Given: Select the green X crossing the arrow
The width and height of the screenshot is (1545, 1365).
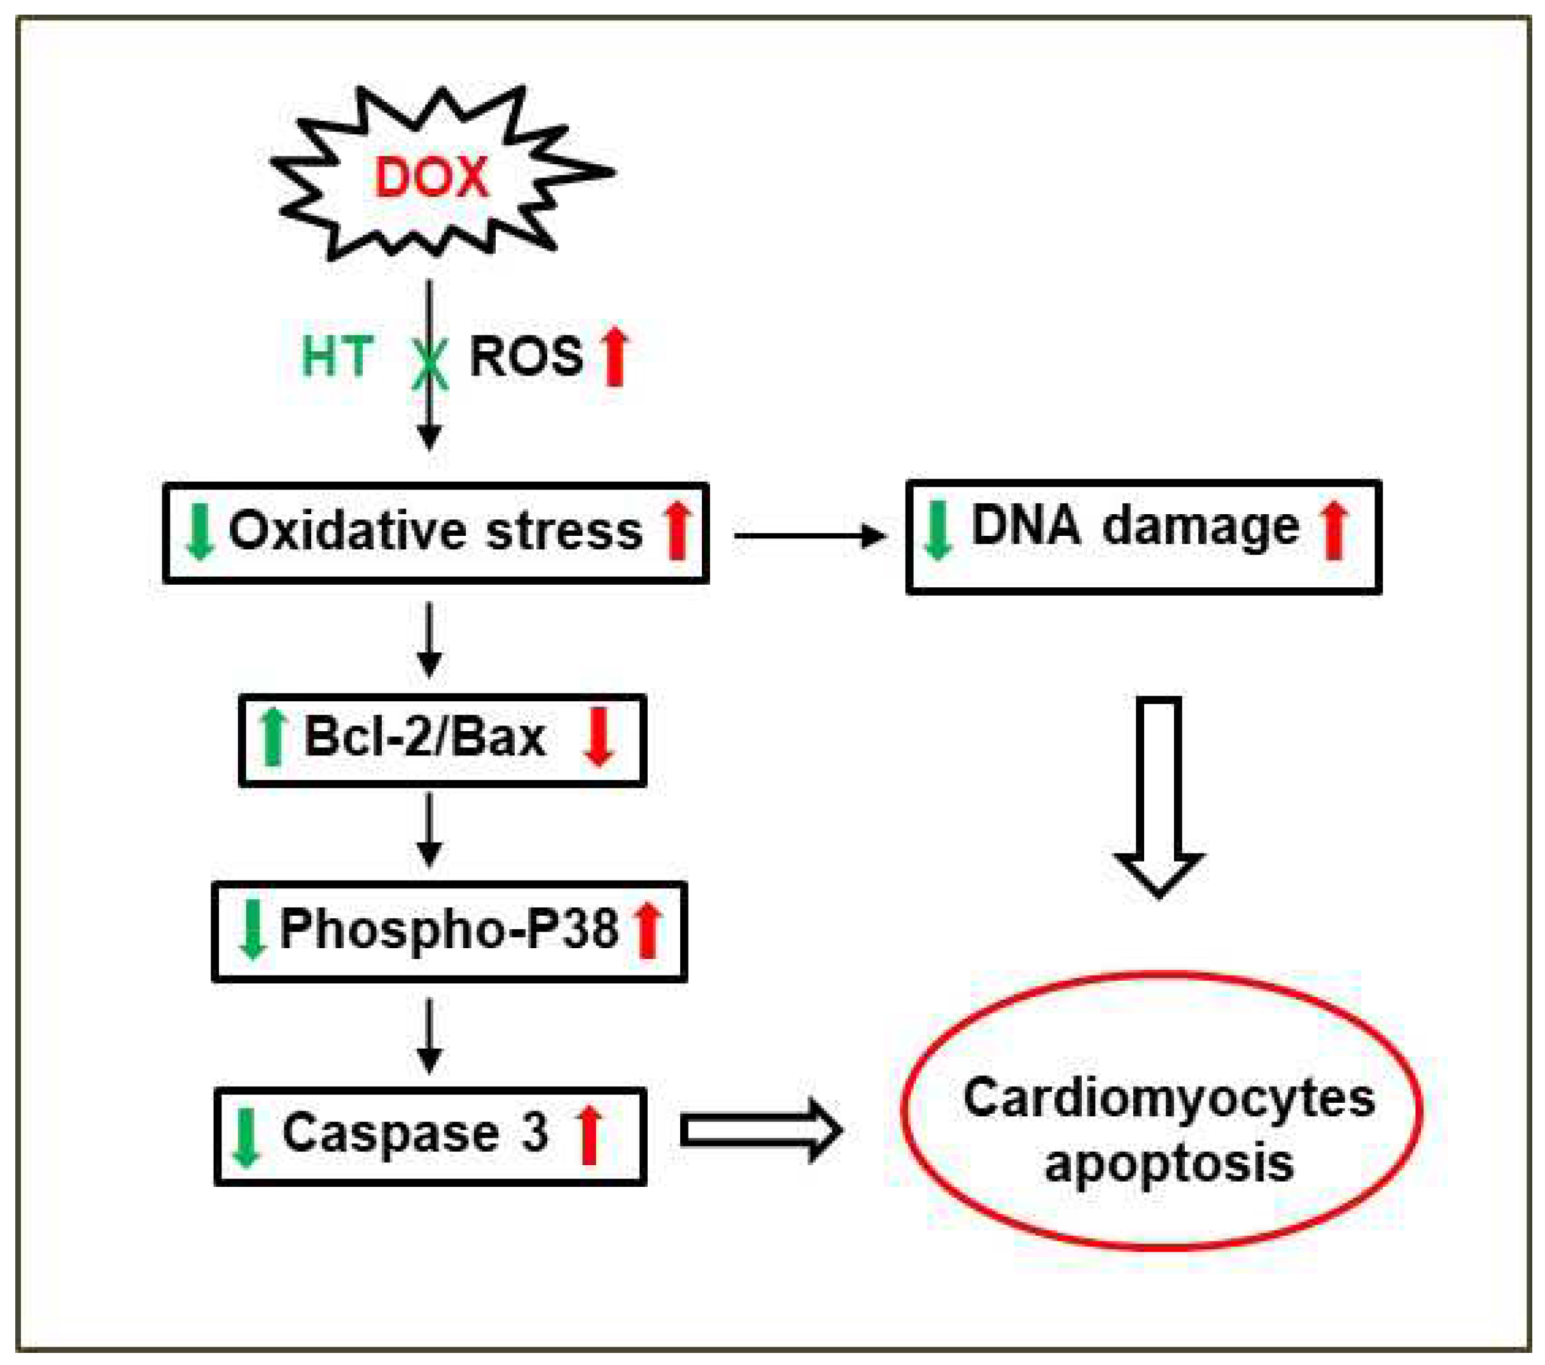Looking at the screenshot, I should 430,363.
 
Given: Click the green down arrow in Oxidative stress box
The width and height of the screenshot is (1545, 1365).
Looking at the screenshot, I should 200,532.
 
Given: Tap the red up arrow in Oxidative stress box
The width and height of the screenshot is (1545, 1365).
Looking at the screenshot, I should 677,532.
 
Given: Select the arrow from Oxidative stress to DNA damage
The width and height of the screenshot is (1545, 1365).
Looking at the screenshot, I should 809,536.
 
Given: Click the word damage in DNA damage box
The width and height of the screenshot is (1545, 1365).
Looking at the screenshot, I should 1201,527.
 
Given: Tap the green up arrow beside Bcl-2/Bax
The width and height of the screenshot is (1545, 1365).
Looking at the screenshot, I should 272,737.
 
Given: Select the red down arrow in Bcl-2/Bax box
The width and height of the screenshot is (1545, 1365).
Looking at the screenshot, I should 599,737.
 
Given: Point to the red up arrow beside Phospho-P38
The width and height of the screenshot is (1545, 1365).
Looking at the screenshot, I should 648,932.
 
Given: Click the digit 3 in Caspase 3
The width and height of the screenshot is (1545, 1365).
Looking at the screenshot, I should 535,1132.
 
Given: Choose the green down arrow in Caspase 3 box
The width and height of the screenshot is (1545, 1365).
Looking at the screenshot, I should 246,1138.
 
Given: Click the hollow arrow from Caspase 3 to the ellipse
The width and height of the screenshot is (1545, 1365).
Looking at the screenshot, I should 760,1131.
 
